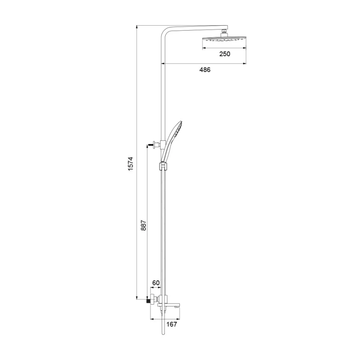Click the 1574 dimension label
click(130, 164)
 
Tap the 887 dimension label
click(143, 225)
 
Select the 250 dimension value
click(225, 54)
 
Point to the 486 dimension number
click(205, 70)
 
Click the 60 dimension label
click(156, 283)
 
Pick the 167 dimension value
click(172, 324)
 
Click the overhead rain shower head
click(224, 39)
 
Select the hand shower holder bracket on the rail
click(162, 166)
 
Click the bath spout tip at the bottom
click(177, 306)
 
